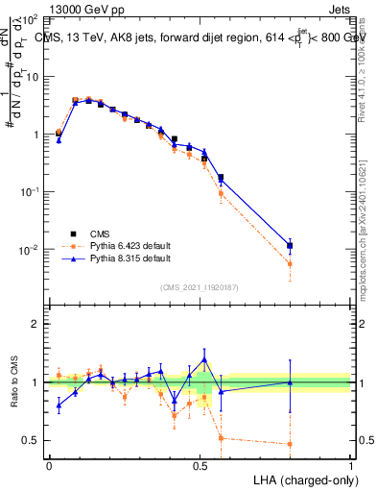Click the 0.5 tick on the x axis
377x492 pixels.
point(200,464)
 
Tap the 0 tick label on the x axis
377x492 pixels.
point(49,464)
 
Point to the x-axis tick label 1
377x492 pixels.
point(350,464)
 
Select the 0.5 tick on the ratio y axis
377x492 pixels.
point(32,440)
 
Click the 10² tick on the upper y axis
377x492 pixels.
point(30,20)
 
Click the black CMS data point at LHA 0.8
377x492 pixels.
point(290,246)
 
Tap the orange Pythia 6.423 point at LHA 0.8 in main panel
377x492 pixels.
point(290,264)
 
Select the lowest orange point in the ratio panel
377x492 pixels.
point(290,444)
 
